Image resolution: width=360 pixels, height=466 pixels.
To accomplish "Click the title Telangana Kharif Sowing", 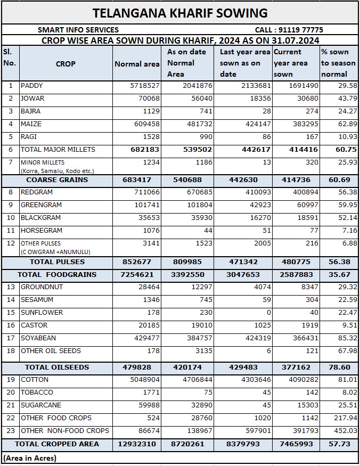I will [x=180, y=13].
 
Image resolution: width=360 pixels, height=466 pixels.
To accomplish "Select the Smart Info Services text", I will [x=78, y=30].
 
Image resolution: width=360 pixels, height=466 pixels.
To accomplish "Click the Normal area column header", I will [x=137, y=64].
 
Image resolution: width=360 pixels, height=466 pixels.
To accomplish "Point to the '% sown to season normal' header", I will [x=338, y=63].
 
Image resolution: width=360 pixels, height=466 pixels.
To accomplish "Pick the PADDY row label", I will [x=31, y=86].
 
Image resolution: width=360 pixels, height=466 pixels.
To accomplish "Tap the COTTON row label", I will [x=35, y=380].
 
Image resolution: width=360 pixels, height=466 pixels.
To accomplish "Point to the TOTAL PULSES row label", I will [x=57, y=262].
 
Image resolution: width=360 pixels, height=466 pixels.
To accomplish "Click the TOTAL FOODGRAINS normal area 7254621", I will [x=137, y=275].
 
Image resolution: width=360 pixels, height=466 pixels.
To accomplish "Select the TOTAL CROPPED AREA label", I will [x=57, y=444].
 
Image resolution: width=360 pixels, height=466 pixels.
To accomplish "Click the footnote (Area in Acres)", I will [x=30, y=458].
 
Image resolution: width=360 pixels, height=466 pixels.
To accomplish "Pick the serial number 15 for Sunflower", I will [x=11, y=313].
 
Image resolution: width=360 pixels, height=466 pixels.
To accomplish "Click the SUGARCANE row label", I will [x=41, y=405].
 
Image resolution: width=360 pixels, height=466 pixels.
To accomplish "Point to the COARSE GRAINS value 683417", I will [x=137, y=180].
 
